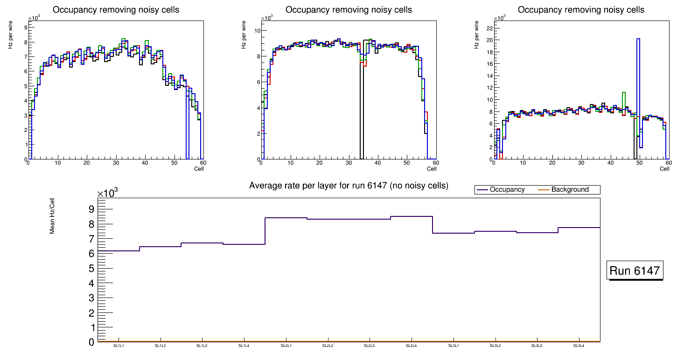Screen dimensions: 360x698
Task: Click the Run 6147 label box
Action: tap(635, 271)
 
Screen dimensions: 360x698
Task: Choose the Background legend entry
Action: tap(570, 190)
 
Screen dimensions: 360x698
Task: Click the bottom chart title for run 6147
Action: tap(349, 186)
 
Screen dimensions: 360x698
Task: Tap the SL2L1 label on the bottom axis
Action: tap(286, 346)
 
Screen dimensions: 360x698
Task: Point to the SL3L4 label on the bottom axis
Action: tap(579, 346)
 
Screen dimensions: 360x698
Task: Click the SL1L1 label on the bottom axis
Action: tap(119, 346)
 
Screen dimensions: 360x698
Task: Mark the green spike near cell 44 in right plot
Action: tap(623, 93)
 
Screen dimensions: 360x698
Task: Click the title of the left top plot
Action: tap(116, 10)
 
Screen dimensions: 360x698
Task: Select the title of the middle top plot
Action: tap(349, 10)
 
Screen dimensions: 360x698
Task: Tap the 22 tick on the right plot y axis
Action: tap(489, 28)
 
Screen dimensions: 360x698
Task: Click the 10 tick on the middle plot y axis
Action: tap(257, 31)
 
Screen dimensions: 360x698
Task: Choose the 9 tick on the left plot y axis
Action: tap(25, 28)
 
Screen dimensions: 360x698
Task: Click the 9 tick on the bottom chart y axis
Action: tap(91, 209)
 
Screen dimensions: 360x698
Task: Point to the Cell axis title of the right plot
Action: tap(664, 169)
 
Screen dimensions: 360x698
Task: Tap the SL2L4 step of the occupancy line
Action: tap(412, 216)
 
